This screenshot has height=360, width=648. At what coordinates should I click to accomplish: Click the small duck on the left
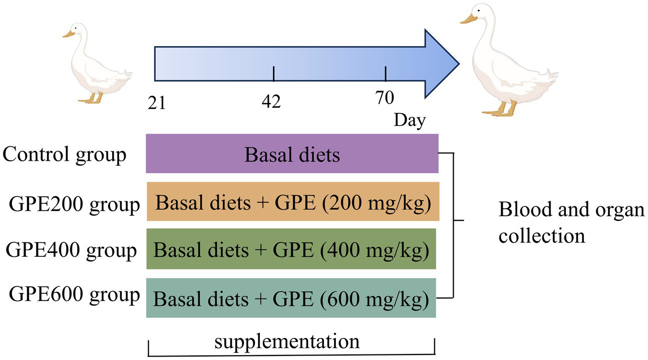coord(98,65)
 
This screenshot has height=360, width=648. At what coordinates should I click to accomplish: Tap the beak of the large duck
coord(469,19)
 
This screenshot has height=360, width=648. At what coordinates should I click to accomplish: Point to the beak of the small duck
coord(68,35)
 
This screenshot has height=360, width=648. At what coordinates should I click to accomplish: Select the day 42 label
coord(271,102)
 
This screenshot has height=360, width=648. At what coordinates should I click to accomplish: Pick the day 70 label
coord(384,98)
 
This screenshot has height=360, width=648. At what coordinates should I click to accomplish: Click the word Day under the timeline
coord(409,121)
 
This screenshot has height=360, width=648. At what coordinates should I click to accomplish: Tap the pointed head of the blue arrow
coord(443,63)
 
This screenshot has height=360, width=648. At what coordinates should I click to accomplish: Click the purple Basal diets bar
coord(292,154)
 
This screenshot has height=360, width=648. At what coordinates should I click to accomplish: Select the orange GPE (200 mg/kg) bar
coord(292,201)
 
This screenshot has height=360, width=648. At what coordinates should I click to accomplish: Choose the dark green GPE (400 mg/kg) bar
coord(291,249)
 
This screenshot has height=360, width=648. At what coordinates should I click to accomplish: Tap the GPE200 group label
coord(74,205)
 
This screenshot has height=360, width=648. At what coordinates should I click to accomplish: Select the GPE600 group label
coord(74,295)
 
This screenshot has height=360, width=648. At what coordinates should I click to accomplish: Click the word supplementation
coord(287,341)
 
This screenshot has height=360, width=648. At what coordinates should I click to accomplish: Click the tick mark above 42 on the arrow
coord(273,74)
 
